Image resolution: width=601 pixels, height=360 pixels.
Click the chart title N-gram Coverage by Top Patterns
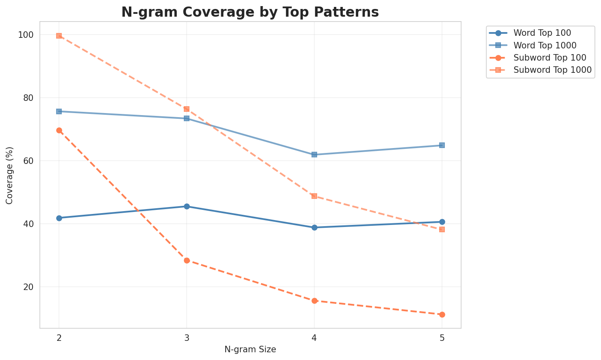(250, 12)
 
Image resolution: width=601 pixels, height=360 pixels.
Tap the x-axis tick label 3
(187, 338)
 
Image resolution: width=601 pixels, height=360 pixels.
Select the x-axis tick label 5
(442, 338)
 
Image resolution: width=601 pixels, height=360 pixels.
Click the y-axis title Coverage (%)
(9, 175)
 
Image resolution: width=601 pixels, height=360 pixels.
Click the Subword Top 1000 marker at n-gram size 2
(59, 36)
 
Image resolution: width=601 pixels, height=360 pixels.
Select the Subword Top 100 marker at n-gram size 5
(442, 314)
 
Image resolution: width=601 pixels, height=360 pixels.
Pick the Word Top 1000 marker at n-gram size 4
(314, 155)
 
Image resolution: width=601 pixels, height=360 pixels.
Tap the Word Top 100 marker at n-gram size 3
(187, 206)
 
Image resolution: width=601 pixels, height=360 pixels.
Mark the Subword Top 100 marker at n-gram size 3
(187, 260)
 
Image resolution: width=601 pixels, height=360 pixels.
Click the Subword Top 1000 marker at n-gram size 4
(314, 196)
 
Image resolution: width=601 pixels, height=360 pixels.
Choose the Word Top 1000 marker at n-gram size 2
(59, 111)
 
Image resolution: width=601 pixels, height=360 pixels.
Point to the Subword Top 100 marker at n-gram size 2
(59, 130)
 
